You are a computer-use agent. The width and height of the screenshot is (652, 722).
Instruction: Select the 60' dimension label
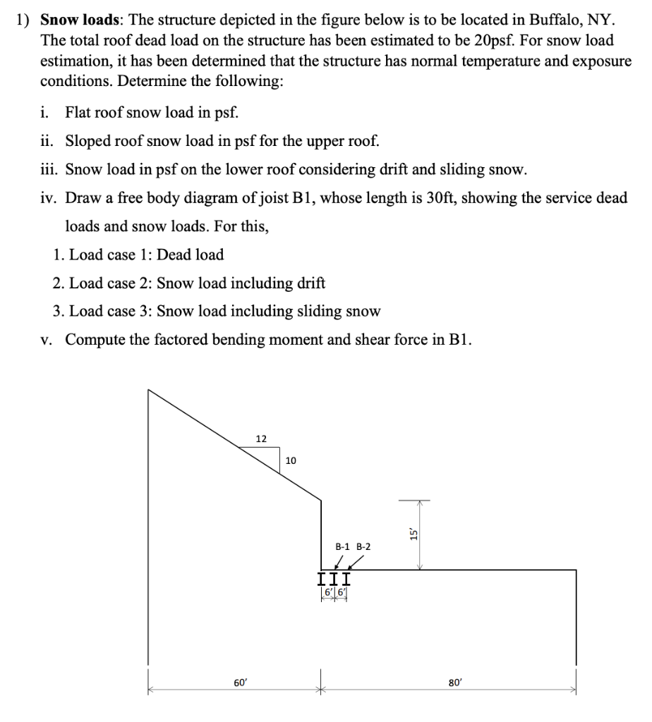click(241, 682)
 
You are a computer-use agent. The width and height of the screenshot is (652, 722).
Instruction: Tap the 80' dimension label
click(455, 682)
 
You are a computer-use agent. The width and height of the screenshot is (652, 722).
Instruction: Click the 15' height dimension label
click(415, 534)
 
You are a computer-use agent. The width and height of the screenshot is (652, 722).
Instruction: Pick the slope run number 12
click(261, 439)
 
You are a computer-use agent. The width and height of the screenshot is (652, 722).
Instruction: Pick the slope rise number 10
click(291, 460)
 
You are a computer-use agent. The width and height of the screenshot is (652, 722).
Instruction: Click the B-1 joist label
click(344, 546)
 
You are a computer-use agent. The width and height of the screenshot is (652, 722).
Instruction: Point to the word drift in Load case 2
click(311, 283)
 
